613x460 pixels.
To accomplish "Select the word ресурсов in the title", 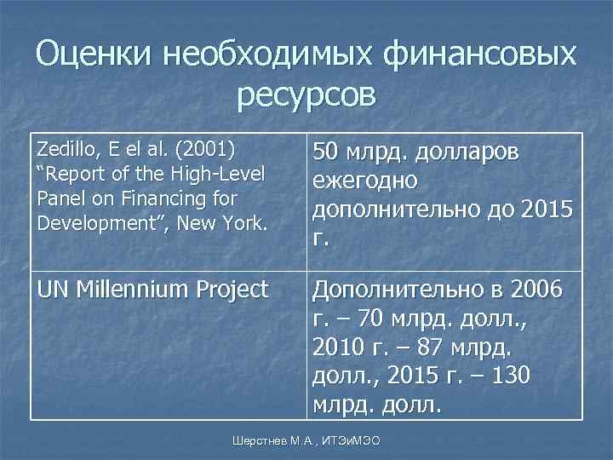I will [306, 96].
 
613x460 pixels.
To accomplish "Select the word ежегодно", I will [365, 181].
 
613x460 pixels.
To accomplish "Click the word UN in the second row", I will [51, 290].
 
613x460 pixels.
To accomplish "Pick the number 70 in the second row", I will [370, 319].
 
